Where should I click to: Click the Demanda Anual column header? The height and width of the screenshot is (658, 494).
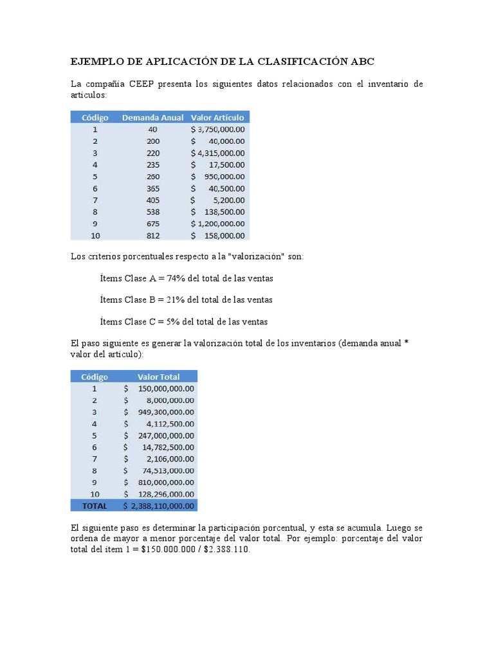coord(152,118)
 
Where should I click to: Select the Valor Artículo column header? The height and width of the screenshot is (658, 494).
coord(217,118)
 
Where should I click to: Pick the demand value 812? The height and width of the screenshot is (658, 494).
coord(152,235)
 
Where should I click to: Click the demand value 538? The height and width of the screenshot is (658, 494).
coord(152,211)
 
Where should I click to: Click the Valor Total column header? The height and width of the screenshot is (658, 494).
coord(158,377)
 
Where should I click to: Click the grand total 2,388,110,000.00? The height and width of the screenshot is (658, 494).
coord(162,506)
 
